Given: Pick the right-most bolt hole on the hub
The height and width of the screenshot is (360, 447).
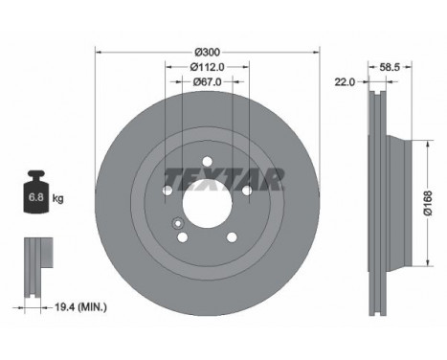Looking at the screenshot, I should coord(246,191).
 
